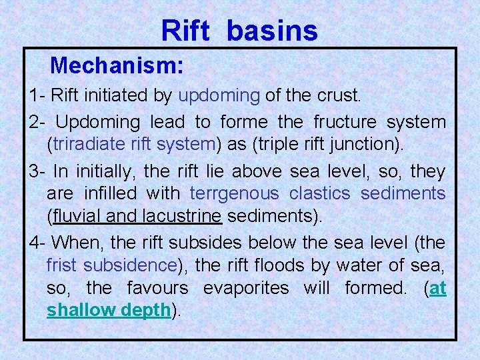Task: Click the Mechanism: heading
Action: (x=117, y=65)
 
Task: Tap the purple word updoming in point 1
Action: (x=219, y=95)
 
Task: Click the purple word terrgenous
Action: (x=234, y=193)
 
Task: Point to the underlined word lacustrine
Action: (x=182, y=216)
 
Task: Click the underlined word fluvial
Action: (x=77, y=216)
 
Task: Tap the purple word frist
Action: (x=62, y=265)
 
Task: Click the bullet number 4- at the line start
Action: (x=38, y=243)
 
